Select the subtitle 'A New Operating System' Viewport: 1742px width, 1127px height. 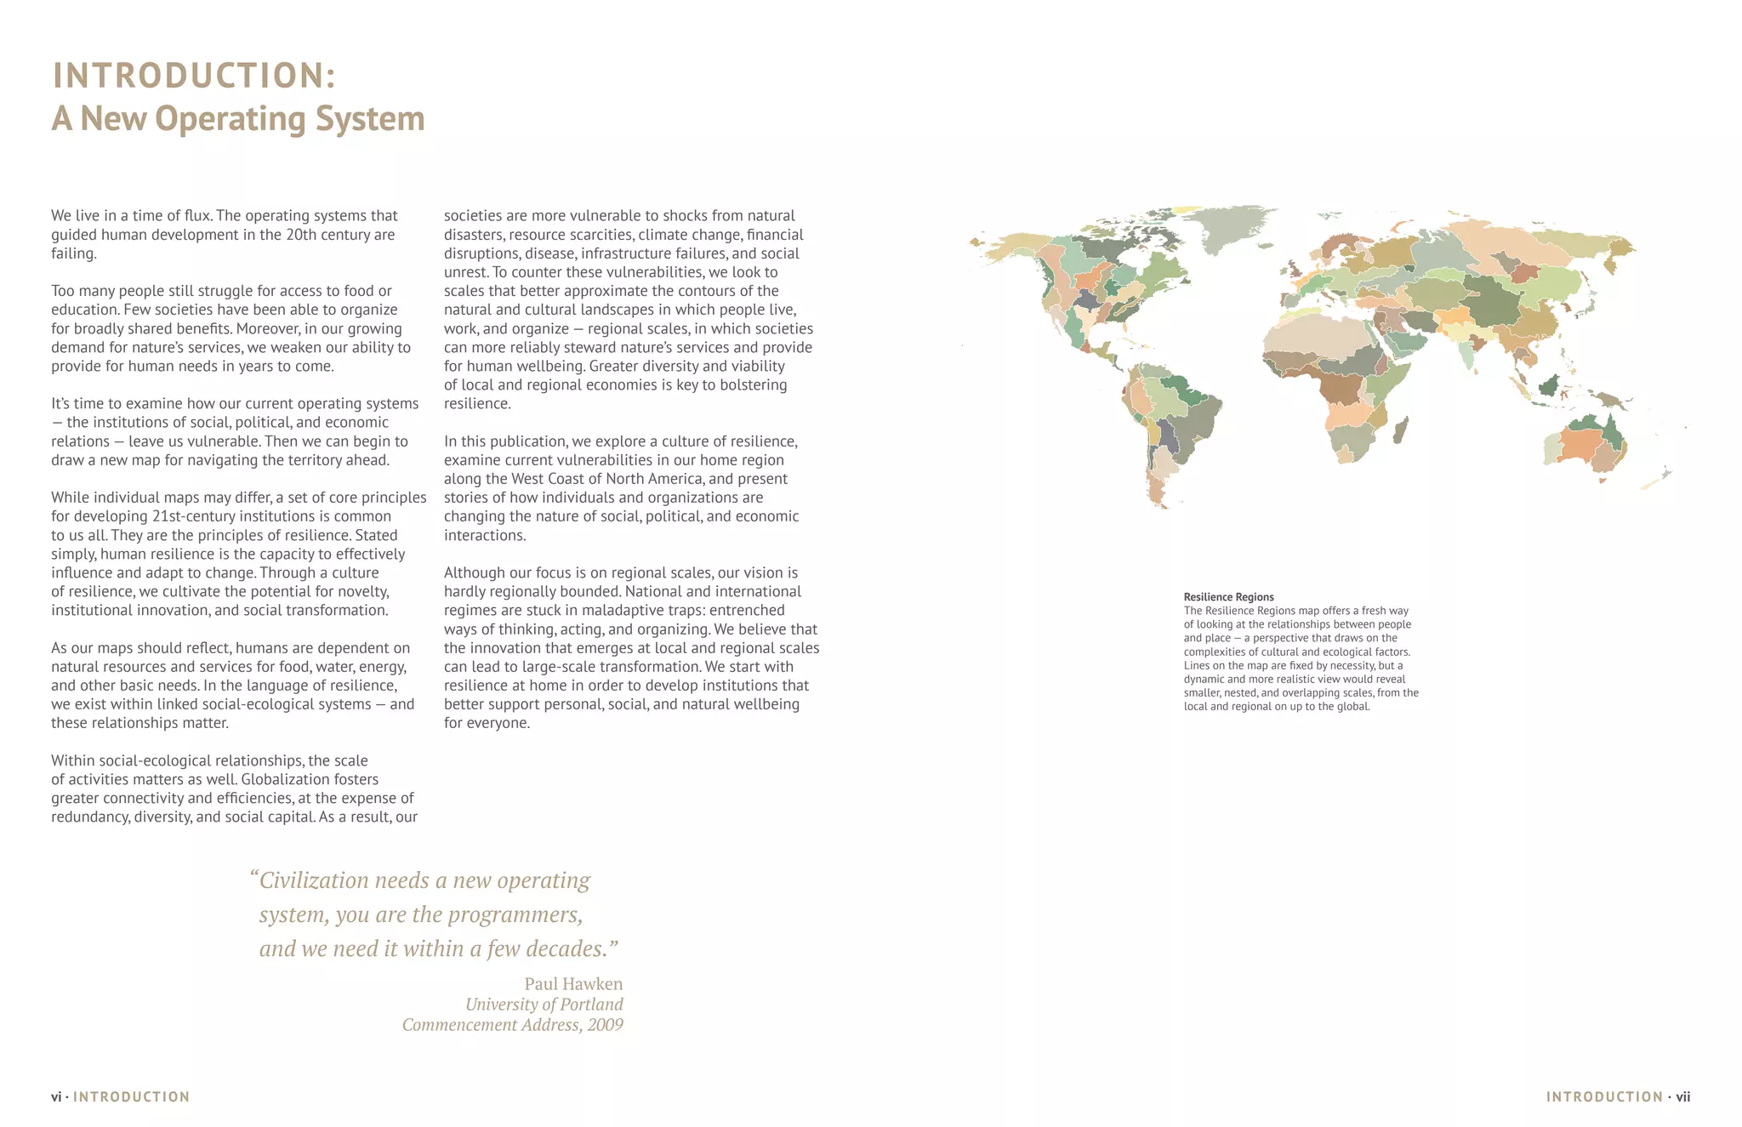tap(238, 118)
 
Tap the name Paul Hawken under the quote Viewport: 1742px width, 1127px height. tap(573, 984)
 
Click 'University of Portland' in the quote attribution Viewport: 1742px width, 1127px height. tap(544, 1005)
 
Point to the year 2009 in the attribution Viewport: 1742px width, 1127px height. tap(605, 1025)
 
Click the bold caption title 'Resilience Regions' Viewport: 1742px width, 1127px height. tap(1228, 597)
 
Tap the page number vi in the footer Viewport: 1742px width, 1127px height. tap(56, 1097)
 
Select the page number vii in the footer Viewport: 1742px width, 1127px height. tap(1682, 1097)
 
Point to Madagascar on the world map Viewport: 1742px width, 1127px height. tap(1400, 430)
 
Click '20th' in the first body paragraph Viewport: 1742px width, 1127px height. tap(301, 235)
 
